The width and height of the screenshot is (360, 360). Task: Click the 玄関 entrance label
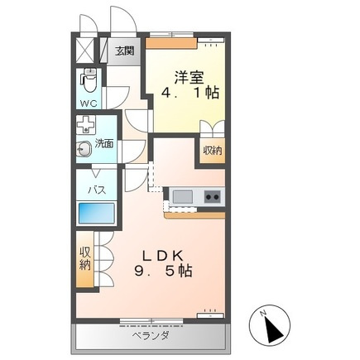124,51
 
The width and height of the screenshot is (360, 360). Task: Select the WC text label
89,103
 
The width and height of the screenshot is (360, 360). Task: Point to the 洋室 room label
189,78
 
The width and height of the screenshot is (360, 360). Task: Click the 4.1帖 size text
190,93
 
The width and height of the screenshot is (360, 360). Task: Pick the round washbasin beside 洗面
84,150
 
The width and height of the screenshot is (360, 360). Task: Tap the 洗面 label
104,143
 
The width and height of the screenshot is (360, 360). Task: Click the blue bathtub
97,213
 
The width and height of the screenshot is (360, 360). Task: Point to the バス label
97,190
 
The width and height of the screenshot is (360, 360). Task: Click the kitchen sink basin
183,197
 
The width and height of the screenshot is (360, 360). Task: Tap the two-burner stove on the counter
213,197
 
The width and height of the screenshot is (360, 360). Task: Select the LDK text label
162,256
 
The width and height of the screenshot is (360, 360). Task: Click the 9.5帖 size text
163,271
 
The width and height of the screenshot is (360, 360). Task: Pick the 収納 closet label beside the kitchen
213,151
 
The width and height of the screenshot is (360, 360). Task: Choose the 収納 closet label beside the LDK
85,259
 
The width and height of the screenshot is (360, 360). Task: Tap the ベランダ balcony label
151,336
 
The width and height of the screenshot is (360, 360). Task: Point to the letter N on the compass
263,313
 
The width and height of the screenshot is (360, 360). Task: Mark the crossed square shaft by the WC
85,50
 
